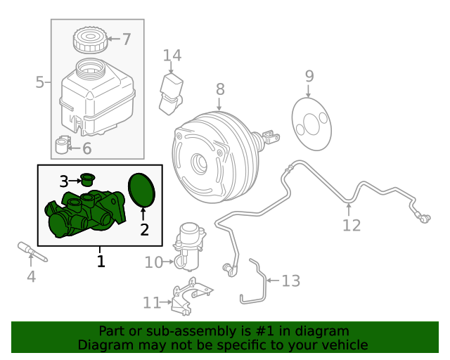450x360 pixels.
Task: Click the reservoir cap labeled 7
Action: [89, 39]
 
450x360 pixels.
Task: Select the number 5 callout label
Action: [39, 83]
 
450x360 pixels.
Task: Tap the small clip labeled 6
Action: [64, 146]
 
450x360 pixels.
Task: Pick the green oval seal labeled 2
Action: [143, 191]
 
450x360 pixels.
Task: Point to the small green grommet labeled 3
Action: [89, 180]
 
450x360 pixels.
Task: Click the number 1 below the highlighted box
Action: [101, 262]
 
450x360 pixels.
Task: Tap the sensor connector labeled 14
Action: [172, 93]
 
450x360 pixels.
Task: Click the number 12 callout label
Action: [351, 225]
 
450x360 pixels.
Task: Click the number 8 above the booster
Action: [220, 89]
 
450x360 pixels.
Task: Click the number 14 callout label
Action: [172, 55]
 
